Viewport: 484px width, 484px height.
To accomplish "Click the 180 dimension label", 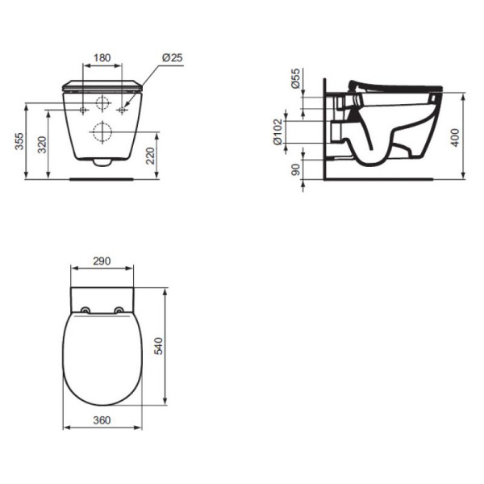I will click(102, 58).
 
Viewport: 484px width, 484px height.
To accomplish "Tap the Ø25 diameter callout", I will click(172, 58).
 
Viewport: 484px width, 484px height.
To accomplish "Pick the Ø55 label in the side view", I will click(296, 79).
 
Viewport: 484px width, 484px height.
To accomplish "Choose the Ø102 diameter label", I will click(279, 131).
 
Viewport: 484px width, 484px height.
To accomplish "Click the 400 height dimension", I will click(457, 137).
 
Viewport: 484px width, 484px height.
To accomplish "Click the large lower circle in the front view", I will click(103, 131).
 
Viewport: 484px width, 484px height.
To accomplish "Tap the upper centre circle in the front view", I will click(103, 103).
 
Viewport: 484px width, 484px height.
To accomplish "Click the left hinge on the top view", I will click(86, 310).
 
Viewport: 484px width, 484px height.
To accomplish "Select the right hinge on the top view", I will click(119, 310).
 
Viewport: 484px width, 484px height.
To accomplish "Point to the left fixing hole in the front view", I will click(84, 108).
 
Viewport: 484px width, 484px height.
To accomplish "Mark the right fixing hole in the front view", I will click(123, 108).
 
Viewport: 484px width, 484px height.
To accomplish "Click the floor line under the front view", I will click(102, 179).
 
